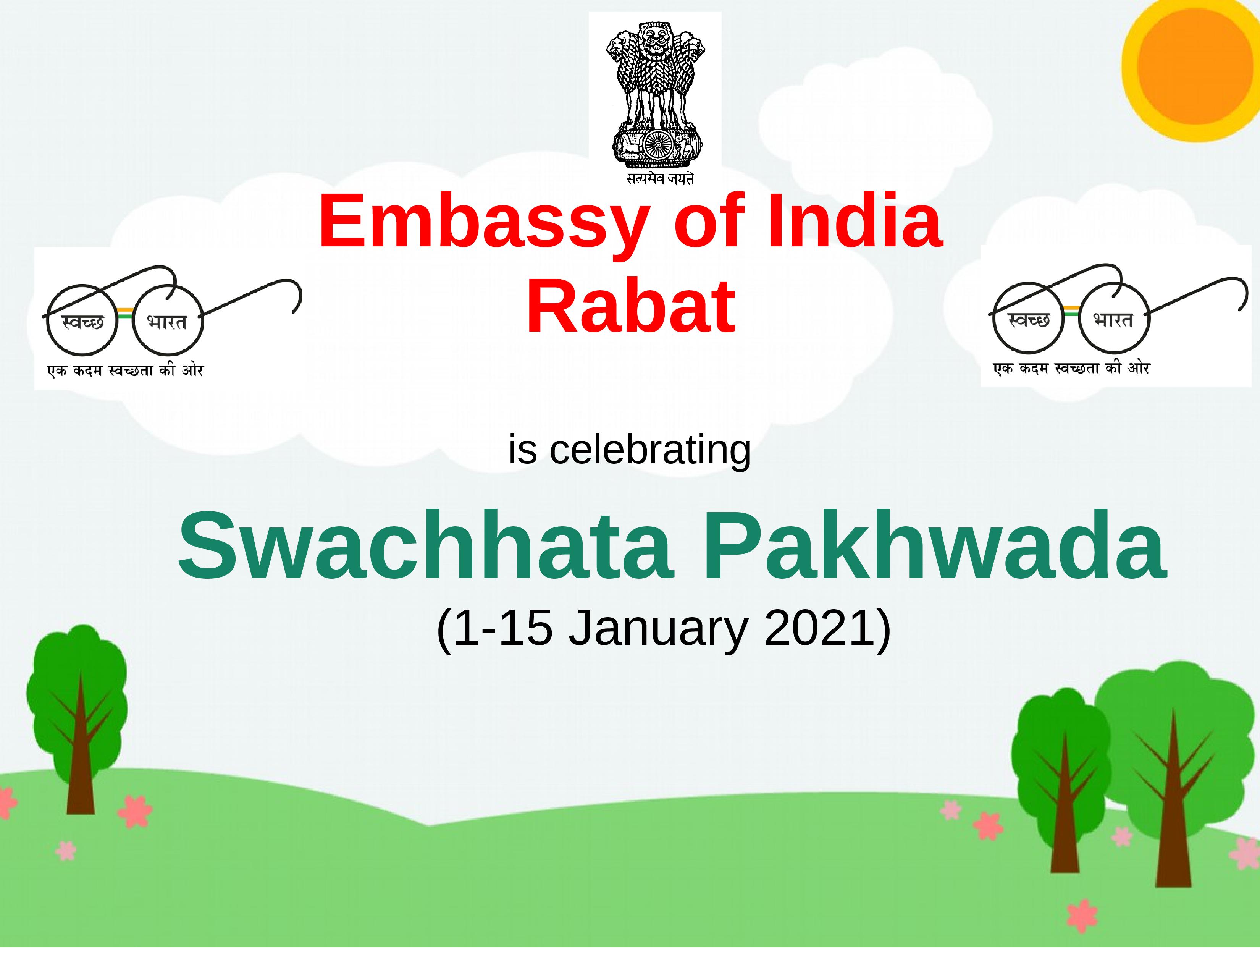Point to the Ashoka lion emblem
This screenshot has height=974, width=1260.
(x=655, y=92)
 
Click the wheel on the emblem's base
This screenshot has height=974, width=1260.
(x=655, y=144)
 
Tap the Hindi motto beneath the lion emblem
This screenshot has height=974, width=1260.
(x=660, y=179)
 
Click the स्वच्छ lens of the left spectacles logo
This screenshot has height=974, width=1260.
(x=81, y=320)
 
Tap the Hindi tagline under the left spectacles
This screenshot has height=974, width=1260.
(x=126, y=370)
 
